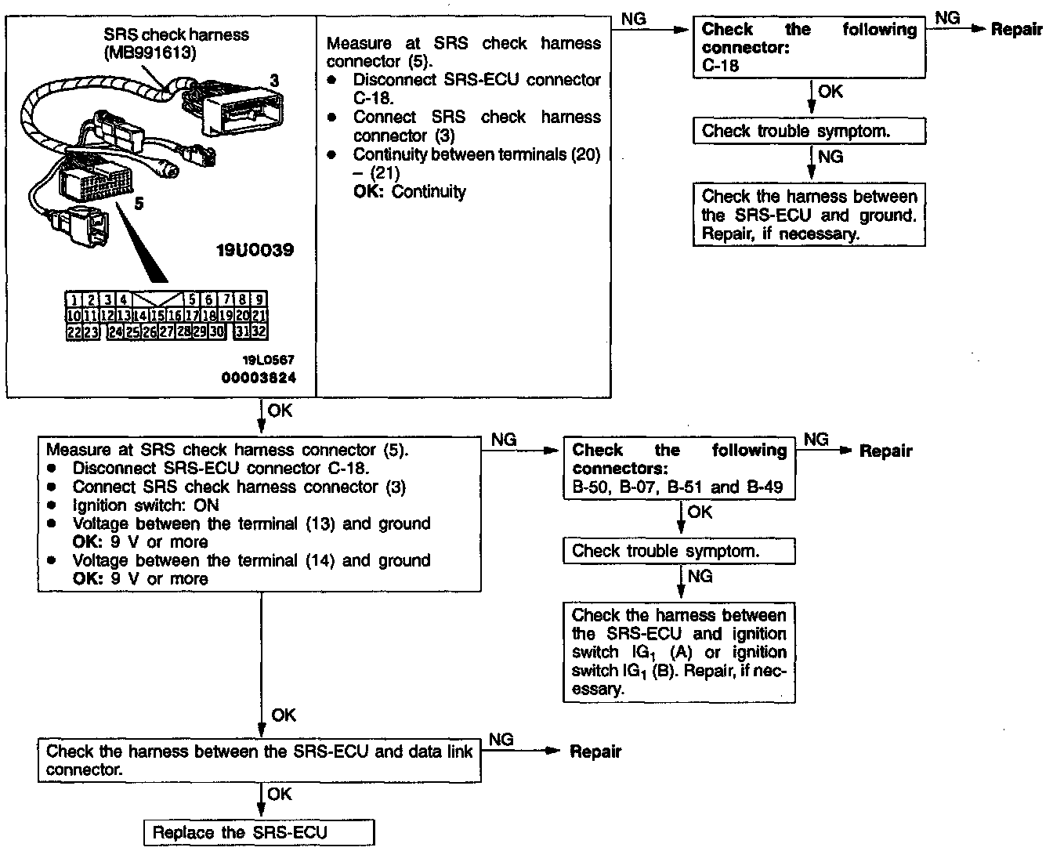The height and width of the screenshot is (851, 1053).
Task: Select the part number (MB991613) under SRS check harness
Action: tap(150, 53)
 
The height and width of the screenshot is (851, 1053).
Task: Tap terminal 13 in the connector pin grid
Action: tap(123, 315)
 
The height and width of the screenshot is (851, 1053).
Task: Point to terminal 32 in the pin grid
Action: tap(259, 331)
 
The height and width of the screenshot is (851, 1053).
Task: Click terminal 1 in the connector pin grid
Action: tap(73, 299)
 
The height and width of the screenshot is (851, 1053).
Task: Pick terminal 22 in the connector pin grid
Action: tap(73, 331)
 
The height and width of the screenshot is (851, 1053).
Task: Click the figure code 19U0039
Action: tap(255, 251)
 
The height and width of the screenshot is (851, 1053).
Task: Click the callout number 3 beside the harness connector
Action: tap(274, 80)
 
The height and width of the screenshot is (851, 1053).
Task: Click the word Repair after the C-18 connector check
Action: tap(1016, 30)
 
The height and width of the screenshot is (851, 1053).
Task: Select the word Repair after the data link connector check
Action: tap(595, 751)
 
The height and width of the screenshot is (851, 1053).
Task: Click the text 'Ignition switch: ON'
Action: tap(146, 505)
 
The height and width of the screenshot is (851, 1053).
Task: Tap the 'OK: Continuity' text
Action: tap(409, 191)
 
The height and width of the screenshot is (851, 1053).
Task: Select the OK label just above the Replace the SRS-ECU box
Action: tap(280, 795)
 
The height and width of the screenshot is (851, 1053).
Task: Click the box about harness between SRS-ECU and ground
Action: tap(809, 215)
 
